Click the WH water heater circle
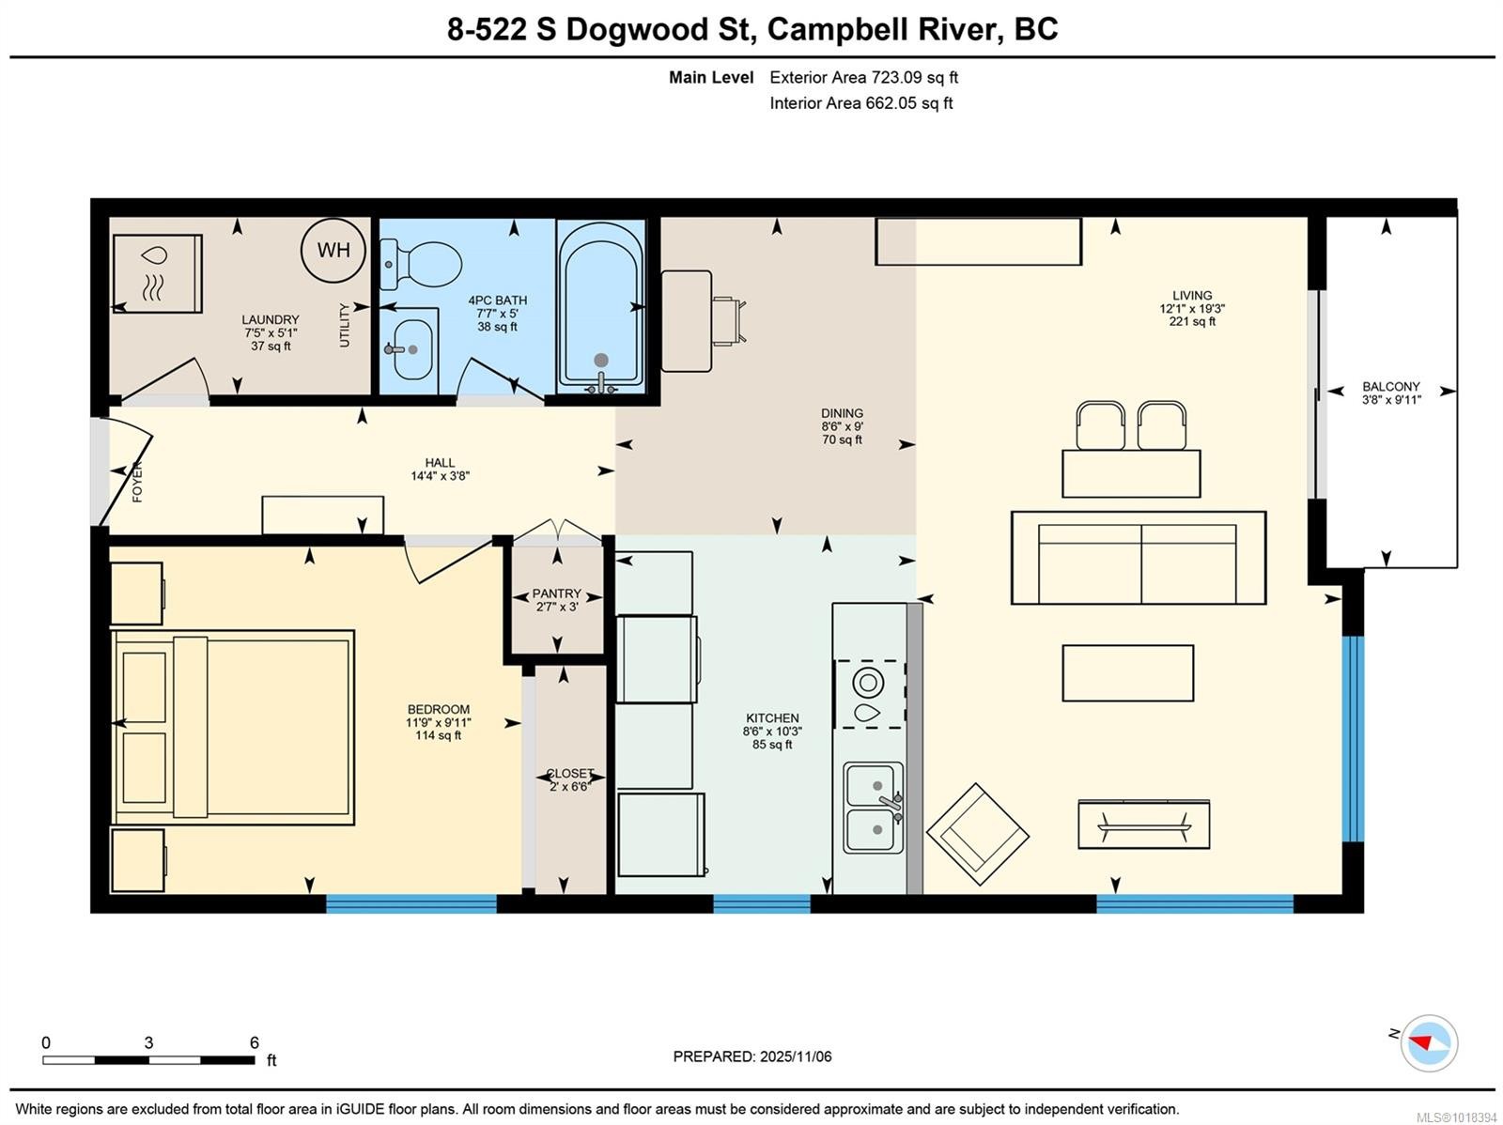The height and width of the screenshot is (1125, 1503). tap(333, 251)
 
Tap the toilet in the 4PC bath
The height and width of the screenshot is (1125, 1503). tap(421, 264)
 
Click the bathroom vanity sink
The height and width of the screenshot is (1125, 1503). tap(411, 349)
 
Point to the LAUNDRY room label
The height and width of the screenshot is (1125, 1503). tap(271, 319)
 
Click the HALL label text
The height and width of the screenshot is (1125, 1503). tap(440, 463)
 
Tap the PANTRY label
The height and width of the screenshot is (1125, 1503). tap(557, 593)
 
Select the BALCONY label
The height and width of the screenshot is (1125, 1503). tap(1391, 386)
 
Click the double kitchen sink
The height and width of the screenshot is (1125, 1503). tap(875, 808)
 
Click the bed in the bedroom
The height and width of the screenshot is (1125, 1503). tap(233, 727)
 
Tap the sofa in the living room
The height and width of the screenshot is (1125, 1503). tap(1138, 558)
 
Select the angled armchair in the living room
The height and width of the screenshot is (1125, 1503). tap(977, 834)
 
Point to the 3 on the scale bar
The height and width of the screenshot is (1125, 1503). tap(148, 1042)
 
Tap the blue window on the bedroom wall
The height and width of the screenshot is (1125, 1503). tap(411, 903)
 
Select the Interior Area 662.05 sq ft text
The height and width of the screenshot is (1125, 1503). tap(861, 103)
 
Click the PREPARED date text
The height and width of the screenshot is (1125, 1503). tap(752, 1056)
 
